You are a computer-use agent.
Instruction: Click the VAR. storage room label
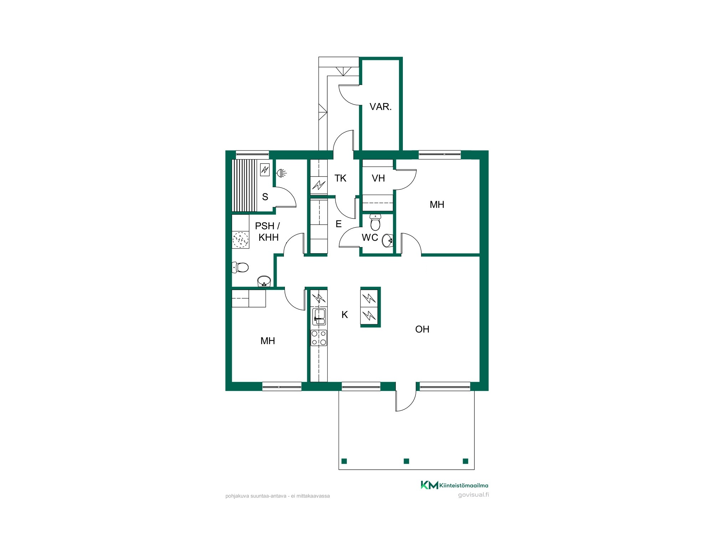380,107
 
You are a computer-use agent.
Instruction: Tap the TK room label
340,178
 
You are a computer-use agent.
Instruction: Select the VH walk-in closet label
378,178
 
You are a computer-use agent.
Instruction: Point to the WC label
370,238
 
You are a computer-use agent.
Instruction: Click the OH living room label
422,329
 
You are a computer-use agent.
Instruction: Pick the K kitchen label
344,315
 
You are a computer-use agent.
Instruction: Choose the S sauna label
265,197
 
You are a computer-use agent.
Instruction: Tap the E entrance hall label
339,224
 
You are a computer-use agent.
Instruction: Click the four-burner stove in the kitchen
319,338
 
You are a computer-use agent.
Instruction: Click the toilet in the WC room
375,222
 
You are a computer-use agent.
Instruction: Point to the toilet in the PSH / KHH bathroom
240,267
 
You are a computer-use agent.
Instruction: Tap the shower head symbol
282,173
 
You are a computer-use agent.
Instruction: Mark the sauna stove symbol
265,169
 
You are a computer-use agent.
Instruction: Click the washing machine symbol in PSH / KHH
240,240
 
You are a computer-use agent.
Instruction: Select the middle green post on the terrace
406,461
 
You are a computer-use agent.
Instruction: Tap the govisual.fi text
473,495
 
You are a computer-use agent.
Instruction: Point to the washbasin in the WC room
387,240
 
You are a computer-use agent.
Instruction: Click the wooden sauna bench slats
244,185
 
